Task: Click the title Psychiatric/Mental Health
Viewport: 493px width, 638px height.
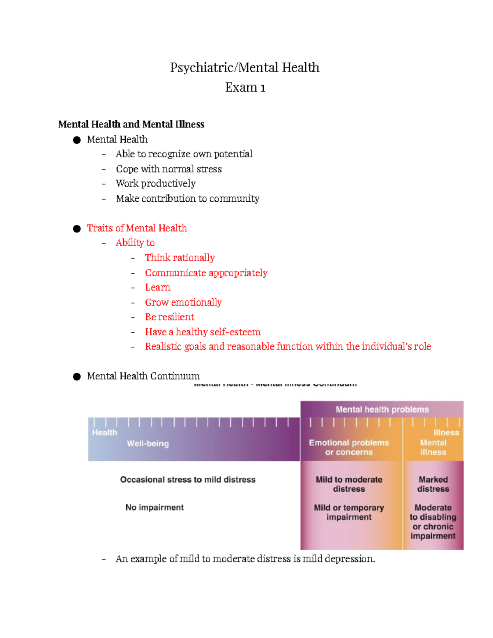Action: tap(244, 67)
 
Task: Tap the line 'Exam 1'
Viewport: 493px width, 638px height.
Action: tap(245, 88)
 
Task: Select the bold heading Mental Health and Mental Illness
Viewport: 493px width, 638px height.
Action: tap(131, 124)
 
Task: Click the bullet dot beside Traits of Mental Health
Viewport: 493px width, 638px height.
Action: tap(77, 229)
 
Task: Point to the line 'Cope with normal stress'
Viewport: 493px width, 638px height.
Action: tap(168, 169)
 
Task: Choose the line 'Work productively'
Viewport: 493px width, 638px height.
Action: tap(155, 184)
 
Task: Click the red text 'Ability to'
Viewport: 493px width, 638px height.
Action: tap(135, 243)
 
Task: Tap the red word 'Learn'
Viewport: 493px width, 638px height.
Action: tap(157, 288)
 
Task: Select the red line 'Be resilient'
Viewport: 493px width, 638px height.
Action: tap(169, 317)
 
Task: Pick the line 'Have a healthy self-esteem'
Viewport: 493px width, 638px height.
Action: tap(203, 332)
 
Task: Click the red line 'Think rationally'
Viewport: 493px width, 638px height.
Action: tap(180, 258)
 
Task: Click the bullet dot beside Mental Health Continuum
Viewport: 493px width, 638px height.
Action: tap(77, 377)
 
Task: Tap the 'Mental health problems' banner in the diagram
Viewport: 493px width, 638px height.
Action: tap(382, 410)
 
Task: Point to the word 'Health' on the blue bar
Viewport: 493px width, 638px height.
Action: tap(104, 433)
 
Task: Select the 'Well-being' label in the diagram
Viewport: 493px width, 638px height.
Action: tap(147, 444)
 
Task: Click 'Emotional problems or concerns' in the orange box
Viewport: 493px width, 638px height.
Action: tap(349, 447)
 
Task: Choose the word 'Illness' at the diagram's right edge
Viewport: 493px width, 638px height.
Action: tap(446, 433)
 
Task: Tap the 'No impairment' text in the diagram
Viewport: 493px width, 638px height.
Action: tap(154, 507)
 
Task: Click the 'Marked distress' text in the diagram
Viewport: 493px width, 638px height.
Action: tap(433, 484)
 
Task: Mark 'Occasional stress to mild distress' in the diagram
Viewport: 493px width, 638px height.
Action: tap(187, 480)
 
